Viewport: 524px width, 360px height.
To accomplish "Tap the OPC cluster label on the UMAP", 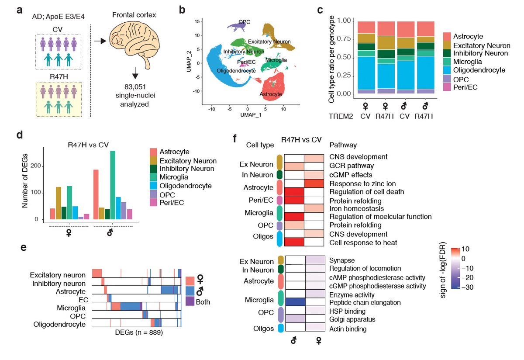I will (x=245, y=21).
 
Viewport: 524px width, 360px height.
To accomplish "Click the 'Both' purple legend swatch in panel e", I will (x=190, y=301).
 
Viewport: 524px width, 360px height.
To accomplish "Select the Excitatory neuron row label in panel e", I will (x=58, y=275).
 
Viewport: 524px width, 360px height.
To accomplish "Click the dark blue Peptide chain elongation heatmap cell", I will (x=295, y=301).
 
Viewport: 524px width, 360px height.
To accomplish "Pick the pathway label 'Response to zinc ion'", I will (x=359, y=183).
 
